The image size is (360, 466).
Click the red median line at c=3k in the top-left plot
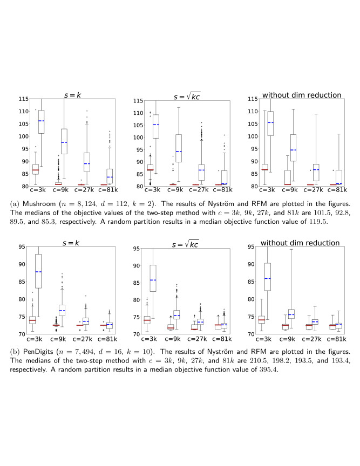coord(35,170)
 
